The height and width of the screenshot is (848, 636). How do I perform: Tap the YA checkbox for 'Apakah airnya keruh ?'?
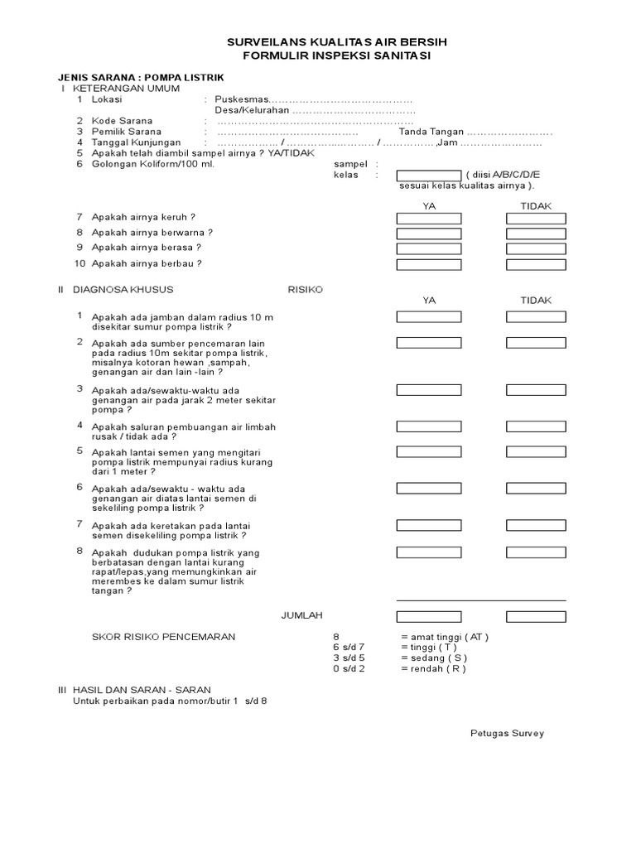tap(428, 219)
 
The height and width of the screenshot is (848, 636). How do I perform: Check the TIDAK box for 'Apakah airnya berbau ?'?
tap(536, 265)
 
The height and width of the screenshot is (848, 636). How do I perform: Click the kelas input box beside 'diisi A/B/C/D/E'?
tap(428, 175)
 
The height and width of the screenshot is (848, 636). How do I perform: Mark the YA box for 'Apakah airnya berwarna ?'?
tap(428, 234)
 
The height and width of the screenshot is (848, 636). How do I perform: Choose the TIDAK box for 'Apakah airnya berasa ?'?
tap(536, 249)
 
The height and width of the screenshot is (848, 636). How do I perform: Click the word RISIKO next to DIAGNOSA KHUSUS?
tap(305, 290)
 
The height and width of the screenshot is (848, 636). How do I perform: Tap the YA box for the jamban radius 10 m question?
tap(428, 317)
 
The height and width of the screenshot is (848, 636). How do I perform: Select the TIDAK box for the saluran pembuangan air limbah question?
tap(536, 426)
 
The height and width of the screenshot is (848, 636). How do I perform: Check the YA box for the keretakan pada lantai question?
tap(428, 525)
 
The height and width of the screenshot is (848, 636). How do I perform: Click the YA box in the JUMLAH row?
tap(428, 616)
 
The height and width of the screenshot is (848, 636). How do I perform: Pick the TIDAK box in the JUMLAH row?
tap(536, 616)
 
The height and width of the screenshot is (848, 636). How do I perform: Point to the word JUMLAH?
tap(302, 615)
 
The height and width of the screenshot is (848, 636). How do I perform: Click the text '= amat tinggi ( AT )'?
tap(444, 637)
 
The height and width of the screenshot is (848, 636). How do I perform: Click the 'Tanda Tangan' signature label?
tap(431, 132)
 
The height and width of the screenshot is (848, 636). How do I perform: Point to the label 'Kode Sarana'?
tap(122, 121)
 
